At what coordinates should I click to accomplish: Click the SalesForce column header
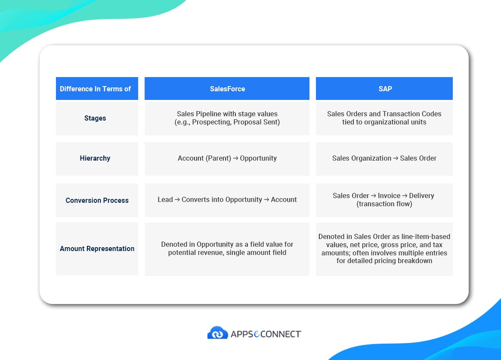(227, 89)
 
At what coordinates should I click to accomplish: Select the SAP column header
(384, 89)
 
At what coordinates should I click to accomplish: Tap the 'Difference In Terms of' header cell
(95, 89)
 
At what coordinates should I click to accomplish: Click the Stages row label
(95, 118)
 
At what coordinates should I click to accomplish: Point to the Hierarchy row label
(95, 158)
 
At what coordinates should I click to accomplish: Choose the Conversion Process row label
(97, 200)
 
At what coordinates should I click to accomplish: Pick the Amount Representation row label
(97, 248)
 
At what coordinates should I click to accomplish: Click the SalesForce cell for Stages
(227, 118)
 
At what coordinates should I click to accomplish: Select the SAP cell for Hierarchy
(384, 158)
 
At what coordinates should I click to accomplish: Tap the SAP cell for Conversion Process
(384, 200)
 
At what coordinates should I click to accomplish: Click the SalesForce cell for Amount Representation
(227, 248)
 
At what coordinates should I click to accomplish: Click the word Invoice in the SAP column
(389, 196)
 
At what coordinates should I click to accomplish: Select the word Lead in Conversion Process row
(165, 200)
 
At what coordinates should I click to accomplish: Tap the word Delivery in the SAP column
(421, 196)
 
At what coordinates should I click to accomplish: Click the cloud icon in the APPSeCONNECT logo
(217, 333)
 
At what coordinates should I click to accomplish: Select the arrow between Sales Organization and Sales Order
(396, 158)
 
